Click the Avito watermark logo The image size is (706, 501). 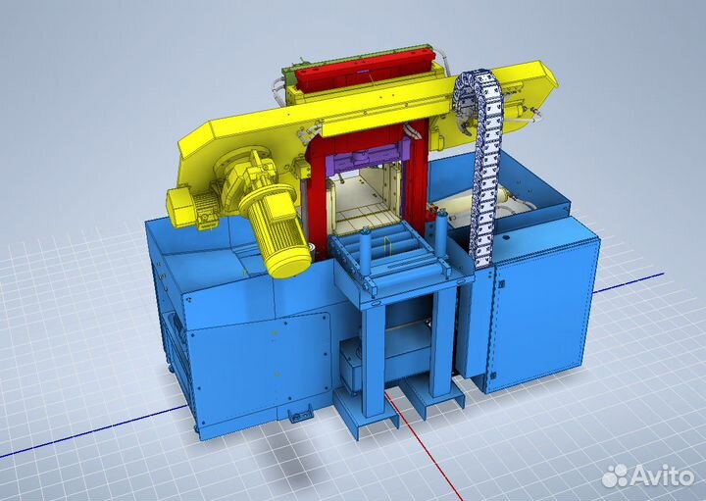point(647,476)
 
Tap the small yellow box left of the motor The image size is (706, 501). point(182,207)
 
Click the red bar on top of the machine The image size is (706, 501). point(364,71)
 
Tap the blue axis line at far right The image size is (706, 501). point(630,282)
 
